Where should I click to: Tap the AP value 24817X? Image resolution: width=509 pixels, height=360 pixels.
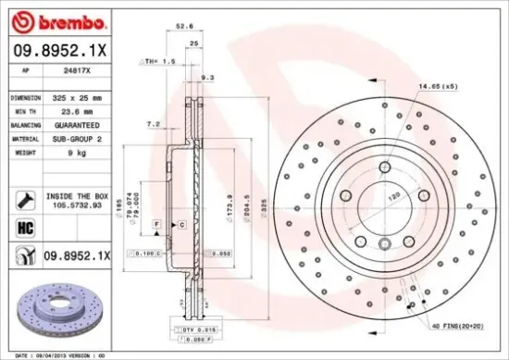point(62,69)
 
